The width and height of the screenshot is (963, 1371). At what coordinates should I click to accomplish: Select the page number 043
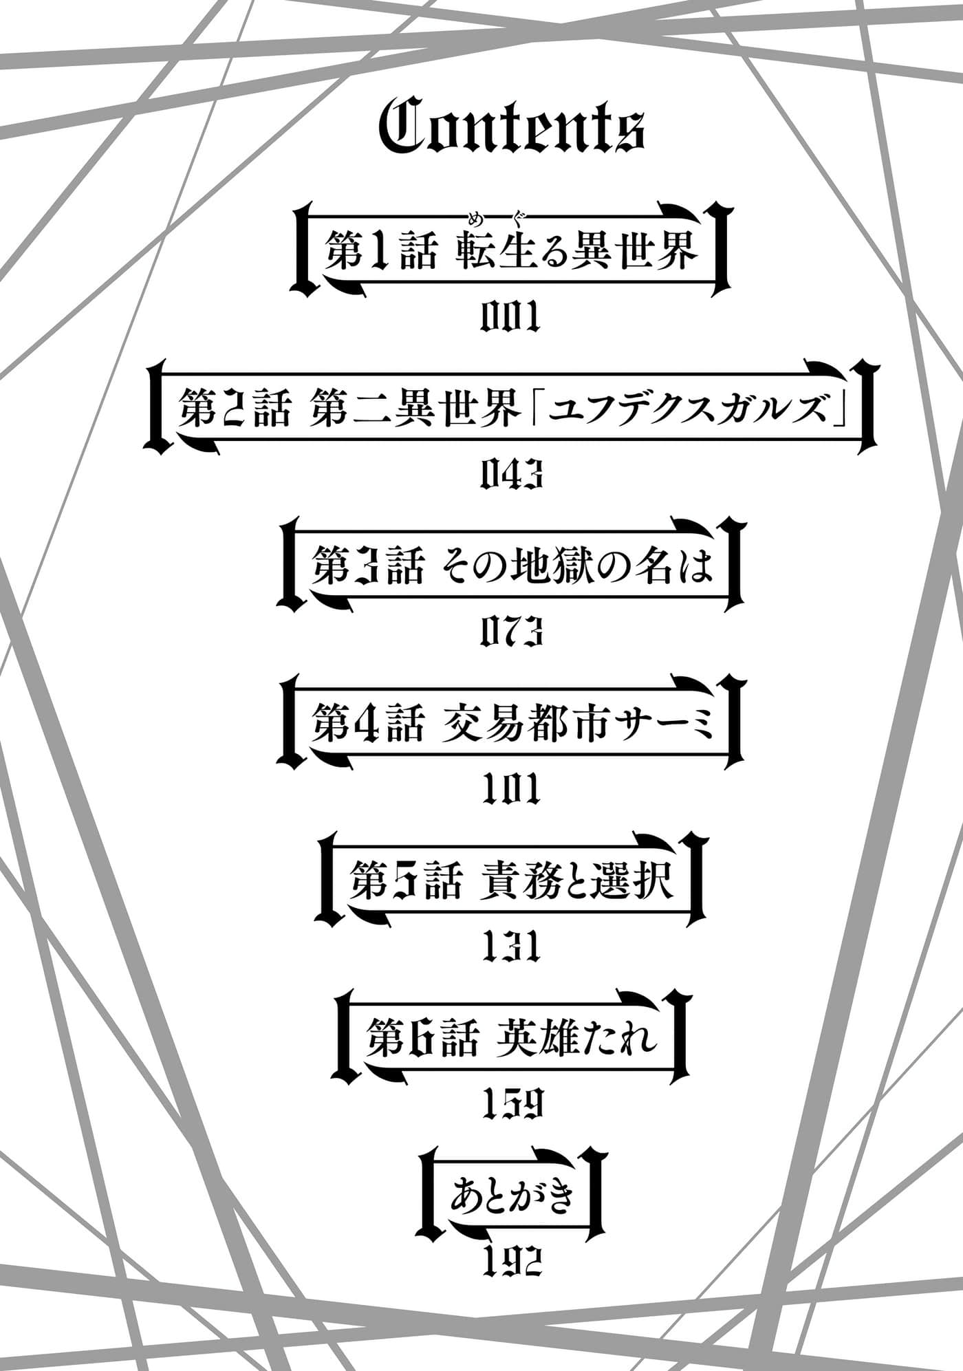click(x=511, y=475)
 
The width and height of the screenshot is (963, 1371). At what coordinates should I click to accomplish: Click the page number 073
click(x=511, y=631)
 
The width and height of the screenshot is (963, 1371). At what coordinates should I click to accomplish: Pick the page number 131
click(x=511, y=946)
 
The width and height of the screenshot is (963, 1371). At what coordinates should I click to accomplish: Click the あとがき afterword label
click(x=511, y=1198)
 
